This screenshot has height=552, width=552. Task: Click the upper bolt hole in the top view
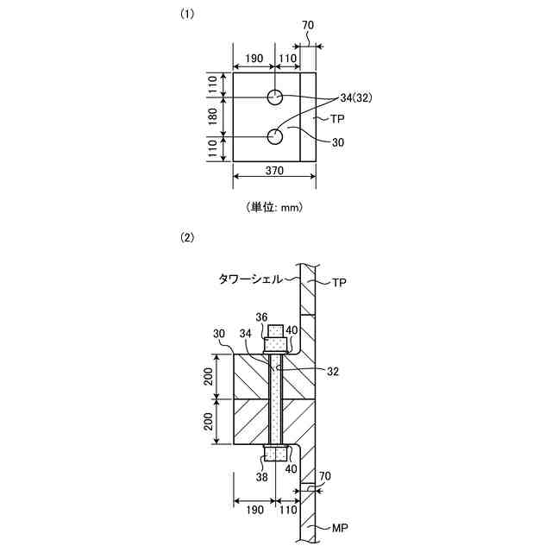[275, 96]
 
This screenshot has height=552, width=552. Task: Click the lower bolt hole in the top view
[275, 136]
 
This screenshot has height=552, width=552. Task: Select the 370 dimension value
[276, 172]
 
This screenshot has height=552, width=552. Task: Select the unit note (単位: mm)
[276, 207]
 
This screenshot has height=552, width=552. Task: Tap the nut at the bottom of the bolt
[275, 454]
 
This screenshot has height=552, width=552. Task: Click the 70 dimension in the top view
[309, 25]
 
